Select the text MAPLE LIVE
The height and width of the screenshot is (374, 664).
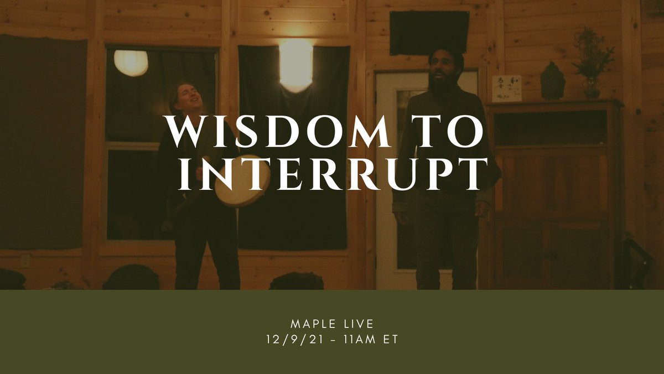(x=332, y=322)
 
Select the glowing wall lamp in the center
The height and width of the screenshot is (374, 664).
(x=295, y=64)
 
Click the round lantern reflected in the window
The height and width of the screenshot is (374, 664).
(x=131, y=62)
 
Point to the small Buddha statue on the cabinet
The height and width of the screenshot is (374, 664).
(x=552, y=82)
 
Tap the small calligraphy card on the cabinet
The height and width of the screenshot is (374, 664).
(x=506, y=89)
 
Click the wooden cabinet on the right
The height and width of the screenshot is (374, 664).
(x=553, y=194)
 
